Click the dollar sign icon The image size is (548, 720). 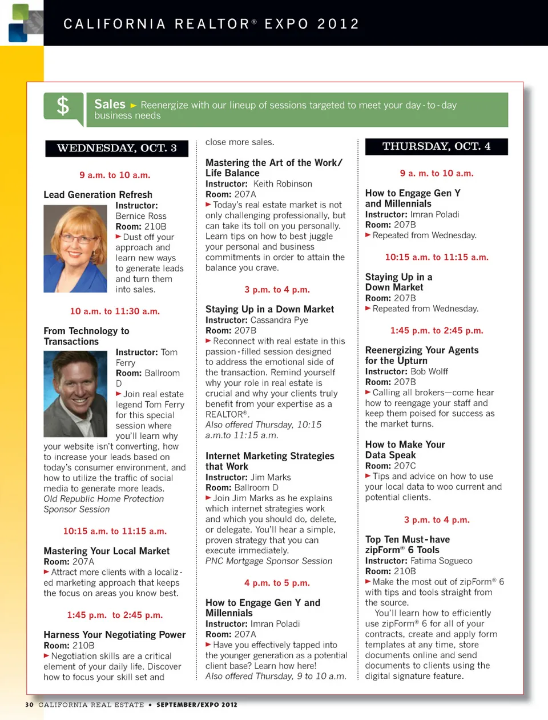pyautogui.click(x=63, y=106)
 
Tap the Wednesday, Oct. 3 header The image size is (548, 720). pyautogui.click(x=116, y=149)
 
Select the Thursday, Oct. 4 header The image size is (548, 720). pyautogui.click(x=436, y=146)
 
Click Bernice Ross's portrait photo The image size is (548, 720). pyautogui.click(x=75, y=249)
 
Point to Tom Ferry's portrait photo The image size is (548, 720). pyautogui.click(x=75, y=394)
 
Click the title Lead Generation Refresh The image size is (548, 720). pyautogui.click(x=98, y=195)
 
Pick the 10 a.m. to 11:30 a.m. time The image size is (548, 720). pyautogui.click(x=115, y=311)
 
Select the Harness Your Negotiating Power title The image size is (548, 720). pyautogui.click(x=114, y=635)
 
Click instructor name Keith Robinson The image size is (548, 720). pyautogui.click(x=283, y=184)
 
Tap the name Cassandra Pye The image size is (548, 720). pyautogui.click(x=279, y=320)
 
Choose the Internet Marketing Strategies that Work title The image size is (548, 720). pyautogui.click(x=269, y=461)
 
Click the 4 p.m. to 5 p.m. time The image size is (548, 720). pyautogui.click(x=277, y=583)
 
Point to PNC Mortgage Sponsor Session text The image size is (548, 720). pyautogui.click(x=269, y=561)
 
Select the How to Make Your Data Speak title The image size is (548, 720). pyautogui.click(x=405, y=450)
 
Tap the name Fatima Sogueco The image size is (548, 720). pyautogui.click(x=441, y=561)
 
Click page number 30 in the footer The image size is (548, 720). pyautogui.click(x=29, y=705)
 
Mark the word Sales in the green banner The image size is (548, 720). pyautogui.click(x=110, y=104)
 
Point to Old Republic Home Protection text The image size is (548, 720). pyautogui.click(x=103, y=499)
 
